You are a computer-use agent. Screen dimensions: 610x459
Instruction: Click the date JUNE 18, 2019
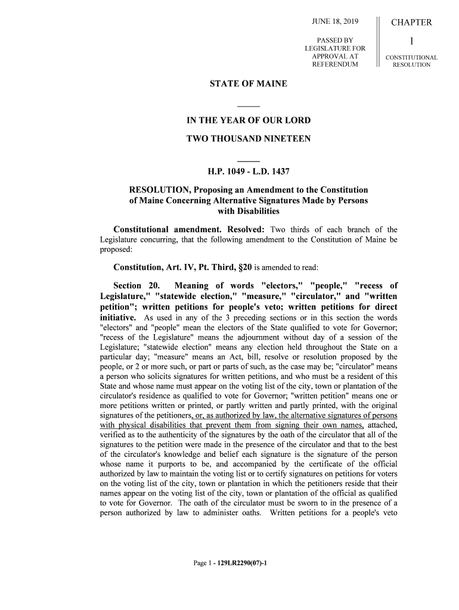(335, 23)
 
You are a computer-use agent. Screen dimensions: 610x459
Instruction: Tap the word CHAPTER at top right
(411, 23)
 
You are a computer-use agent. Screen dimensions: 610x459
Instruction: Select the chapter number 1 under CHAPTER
(411, 42)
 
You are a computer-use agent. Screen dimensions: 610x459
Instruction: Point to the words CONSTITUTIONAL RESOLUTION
(411, 61)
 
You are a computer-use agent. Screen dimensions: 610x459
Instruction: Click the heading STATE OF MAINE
(249, 84)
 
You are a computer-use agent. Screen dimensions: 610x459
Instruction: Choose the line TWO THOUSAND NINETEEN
(249, 139)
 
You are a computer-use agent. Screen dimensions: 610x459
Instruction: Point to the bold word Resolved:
(246, 230)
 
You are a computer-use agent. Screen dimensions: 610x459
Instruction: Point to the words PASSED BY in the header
(335, 40)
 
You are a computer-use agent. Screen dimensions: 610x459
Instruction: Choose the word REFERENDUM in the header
(335, 64)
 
